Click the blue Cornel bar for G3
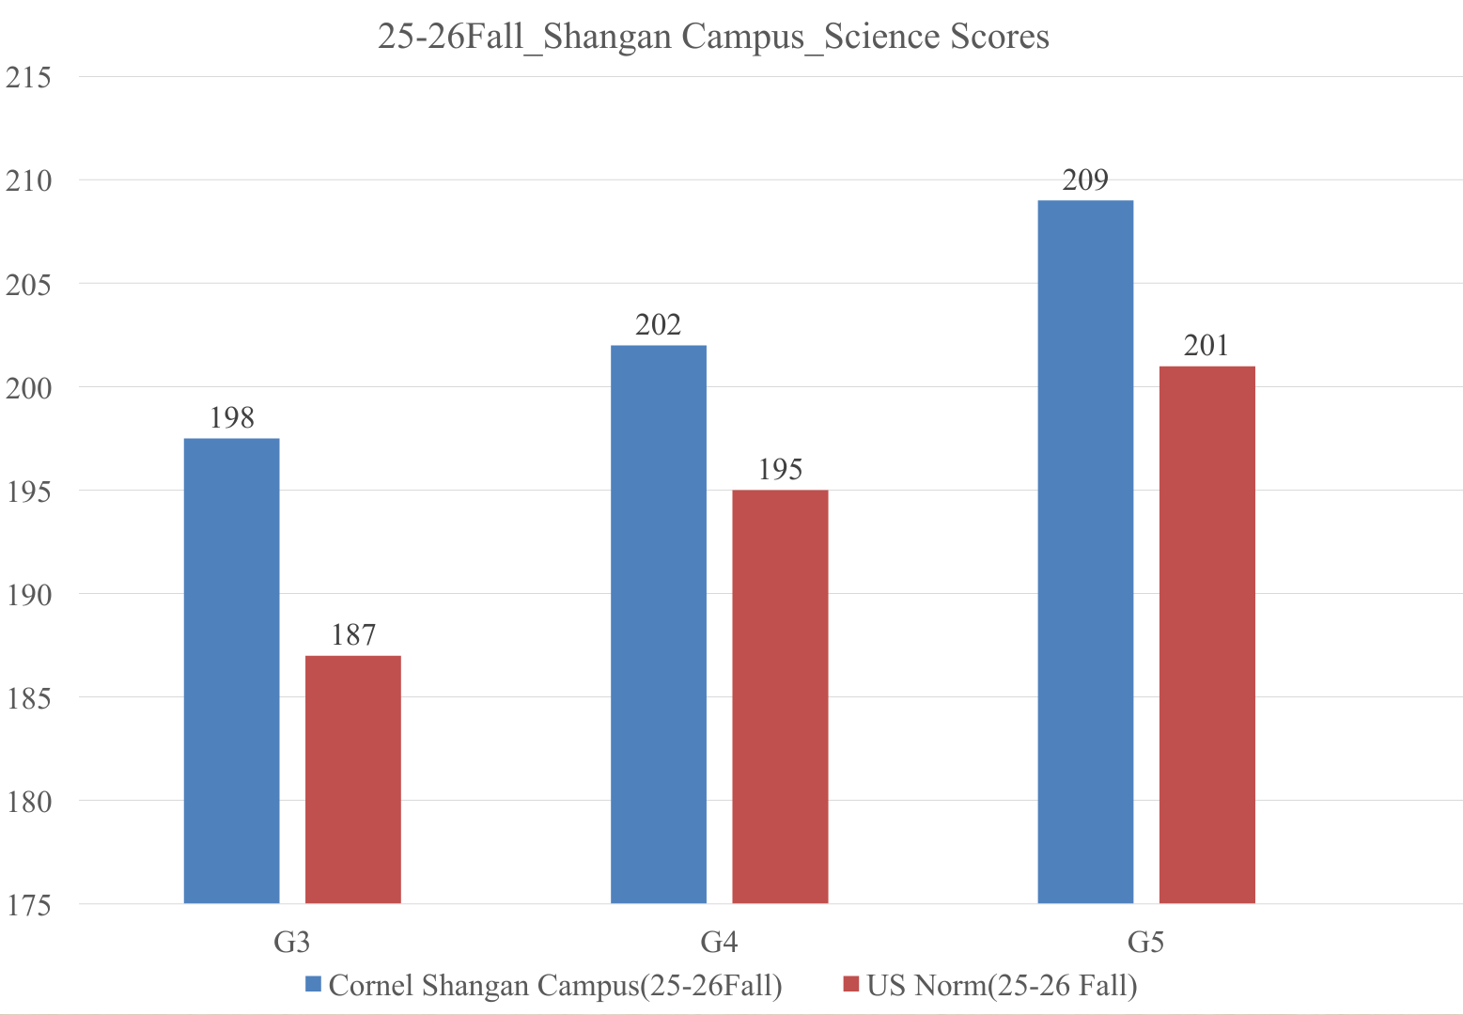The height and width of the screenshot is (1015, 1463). [231, 671]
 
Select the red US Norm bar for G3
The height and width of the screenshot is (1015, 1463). [353, 779]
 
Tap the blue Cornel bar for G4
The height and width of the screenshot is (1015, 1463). [659, 624]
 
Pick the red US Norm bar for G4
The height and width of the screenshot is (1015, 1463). [780, 696]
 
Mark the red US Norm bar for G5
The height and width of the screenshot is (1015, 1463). [1206, 634]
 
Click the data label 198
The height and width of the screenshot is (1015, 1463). [231, 418]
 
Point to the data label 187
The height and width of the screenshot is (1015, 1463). [353, 636]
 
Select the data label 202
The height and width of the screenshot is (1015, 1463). [659, 325]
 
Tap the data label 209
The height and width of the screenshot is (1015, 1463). [1085, 180]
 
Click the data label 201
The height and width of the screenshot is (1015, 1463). [1206, 346]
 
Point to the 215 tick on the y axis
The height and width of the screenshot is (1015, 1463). [28, 77]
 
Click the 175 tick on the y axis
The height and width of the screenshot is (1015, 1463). [28, 905]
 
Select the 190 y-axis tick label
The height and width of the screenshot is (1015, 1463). [28, 595]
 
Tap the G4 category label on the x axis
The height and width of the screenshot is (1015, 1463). [719, 942]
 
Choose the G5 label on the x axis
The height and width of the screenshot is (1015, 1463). [1145, 942]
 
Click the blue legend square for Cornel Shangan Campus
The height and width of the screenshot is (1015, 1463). [314, 985]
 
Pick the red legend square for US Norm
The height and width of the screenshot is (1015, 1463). [852, 985]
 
